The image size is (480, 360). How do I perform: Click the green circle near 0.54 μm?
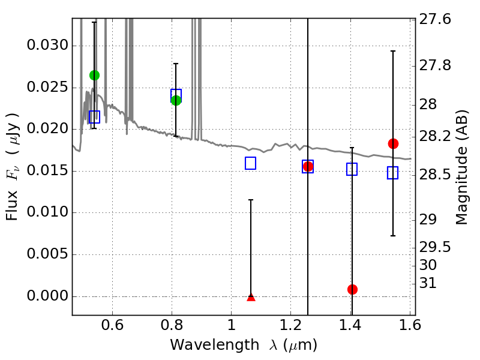point(94,75)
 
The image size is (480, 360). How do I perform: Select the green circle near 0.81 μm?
point(176,100)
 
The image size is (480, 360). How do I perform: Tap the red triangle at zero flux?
point(251,296)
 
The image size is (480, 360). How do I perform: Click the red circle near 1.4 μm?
point(352,289)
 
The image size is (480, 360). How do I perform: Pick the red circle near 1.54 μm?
point(393,143)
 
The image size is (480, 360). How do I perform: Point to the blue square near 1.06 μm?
point(251,163)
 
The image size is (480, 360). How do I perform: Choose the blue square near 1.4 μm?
point(352,169)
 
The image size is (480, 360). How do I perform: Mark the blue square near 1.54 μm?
point(393,173)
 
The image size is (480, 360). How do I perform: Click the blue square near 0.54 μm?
point(94,116)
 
